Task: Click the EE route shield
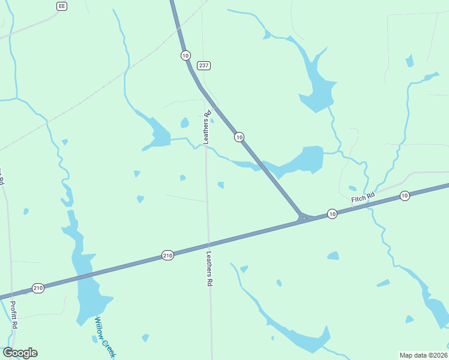pyautogui.click(x=61, y=6)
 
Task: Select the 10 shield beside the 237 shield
pyautogui.click(x=185, y=55)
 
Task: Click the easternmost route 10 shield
pyautogui.click(x=405, y=196)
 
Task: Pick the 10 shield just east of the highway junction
pyautogui.click(x=332, y=214)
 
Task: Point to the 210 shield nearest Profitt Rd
pyautogui.click(x=38, y=288)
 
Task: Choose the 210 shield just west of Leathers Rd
pyautogui.click(x=167, y=256)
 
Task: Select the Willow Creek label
pyautogui.click(x=103, y=336)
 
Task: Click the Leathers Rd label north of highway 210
pyautogui.click(x=207, y=127)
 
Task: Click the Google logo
pyautogui.click(x=20, y=353)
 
